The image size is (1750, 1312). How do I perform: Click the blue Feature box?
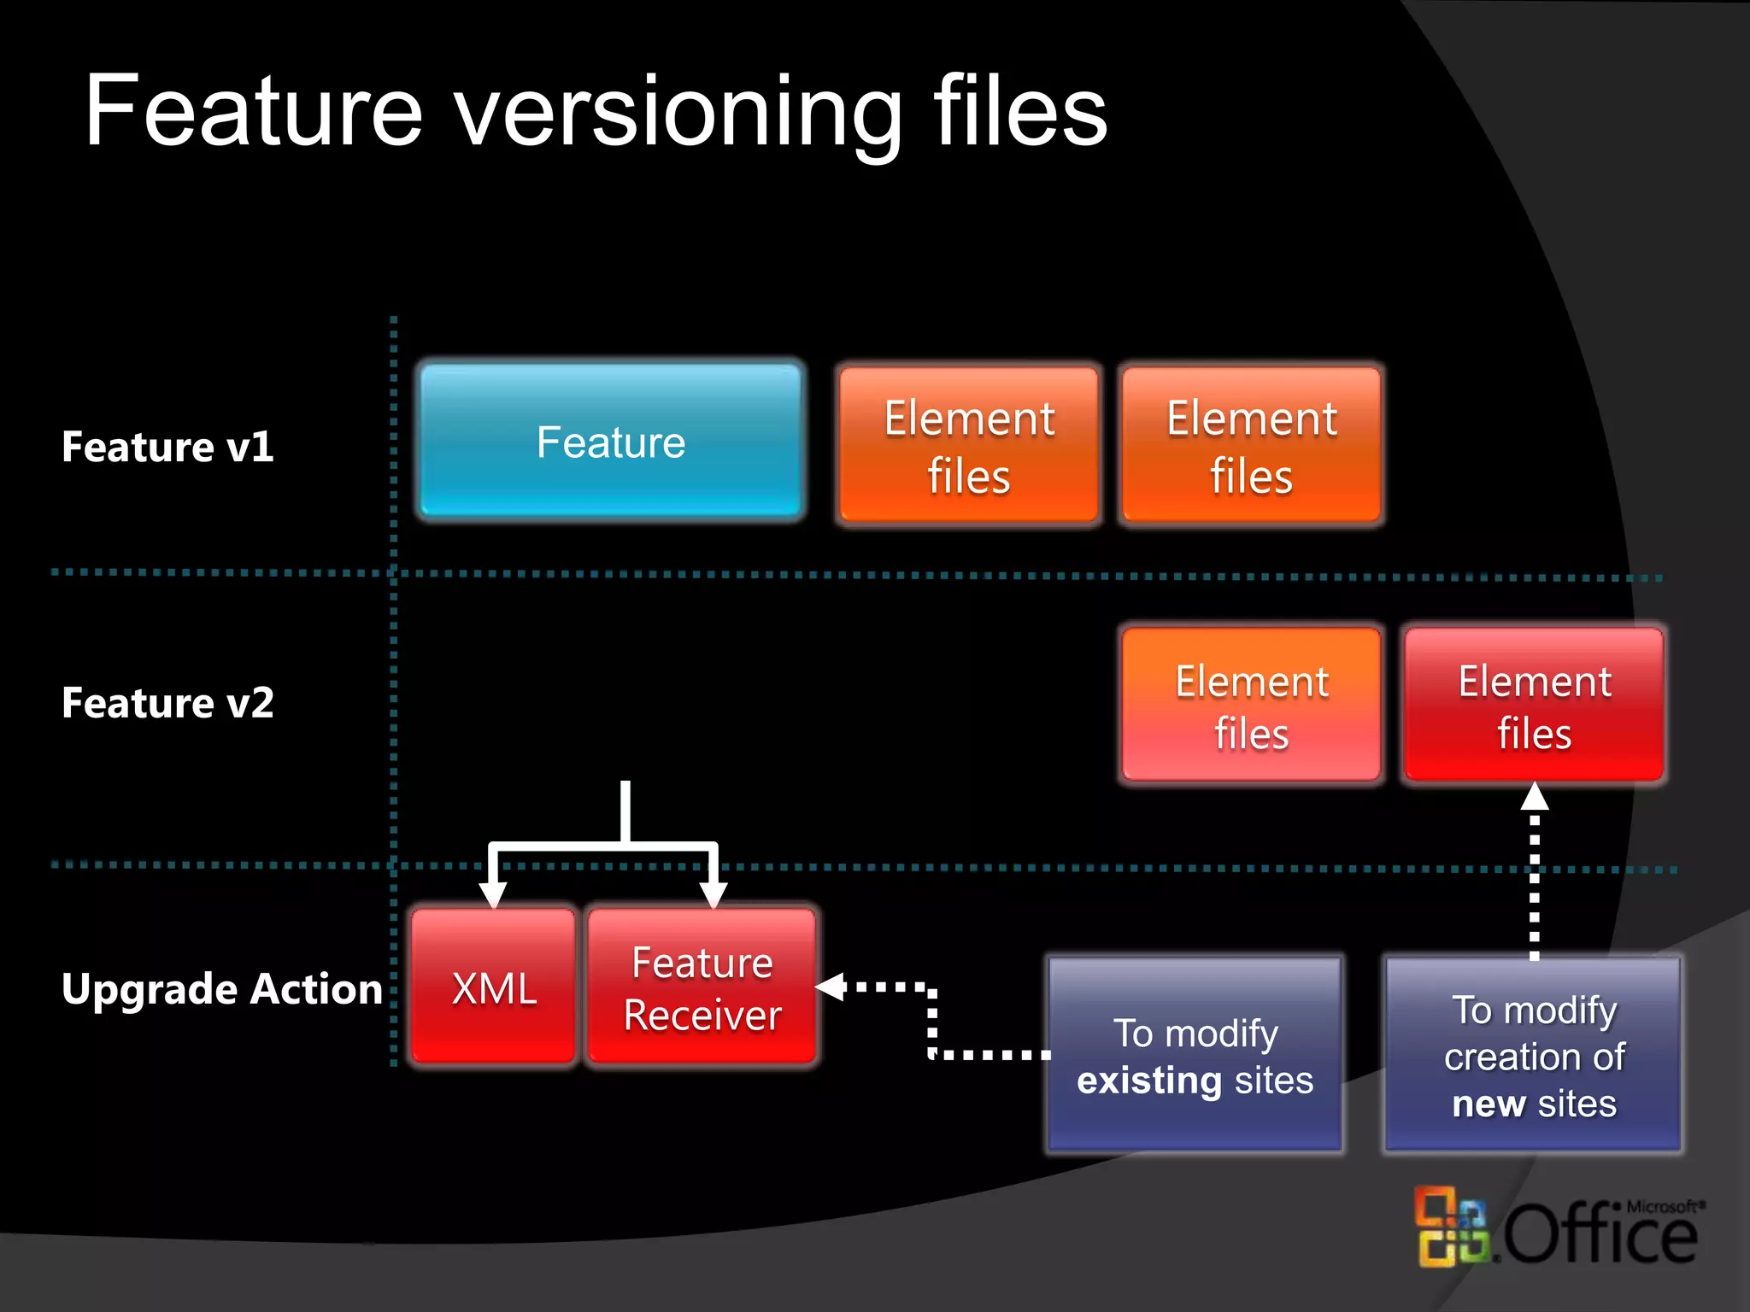tap(610, 442)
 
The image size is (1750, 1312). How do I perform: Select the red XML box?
tap(494, 987)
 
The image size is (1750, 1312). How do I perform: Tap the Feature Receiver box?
tap(702, 987)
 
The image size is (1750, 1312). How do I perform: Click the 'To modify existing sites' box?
tap(1195, 1056)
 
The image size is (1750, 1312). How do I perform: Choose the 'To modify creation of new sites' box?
tap(1534, 1056)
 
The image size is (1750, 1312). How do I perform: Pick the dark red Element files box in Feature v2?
tap(1534, 706)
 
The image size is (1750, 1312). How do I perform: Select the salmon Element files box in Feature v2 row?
tap(1251, 706)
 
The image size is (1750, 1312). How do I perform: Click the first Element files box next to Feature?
tap(969, 445)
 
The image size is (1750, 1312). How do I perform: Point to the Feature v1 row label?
tap(167, 447)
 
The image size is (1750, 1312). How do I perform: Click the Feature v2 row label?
tap(167, 703)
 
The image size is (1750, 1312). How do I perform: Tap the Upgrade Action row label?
tap(221, 989)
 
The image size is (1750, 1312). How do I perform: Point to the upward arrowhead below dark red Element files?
tap(1535, 797)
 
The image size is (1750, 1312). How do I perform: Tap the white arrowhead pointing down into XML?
tap(493, 894)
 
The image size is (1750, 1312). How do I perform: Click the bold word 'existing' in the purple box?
tap(1148, 1081)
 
